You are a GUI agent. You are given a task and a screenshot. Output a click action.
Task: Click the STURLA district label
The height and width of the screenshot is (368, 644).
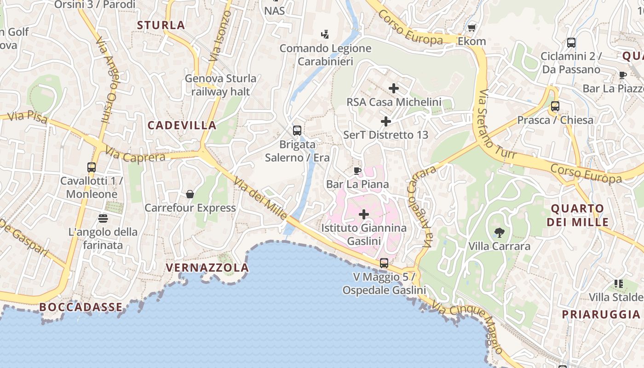click(x=161, y=25)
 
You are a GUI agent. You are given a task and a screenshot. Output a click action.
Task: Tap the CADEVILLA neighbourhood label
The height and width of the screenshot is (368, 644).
click(x=182, y=125)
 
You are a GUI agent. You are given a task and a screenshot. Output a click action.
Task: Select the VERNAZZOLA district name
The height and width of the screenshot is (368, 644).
click(x=207, y=267)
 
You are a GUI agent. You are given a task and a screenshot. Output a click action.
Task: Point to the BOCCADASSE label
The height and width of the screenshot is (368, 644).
click(x=81, y=307)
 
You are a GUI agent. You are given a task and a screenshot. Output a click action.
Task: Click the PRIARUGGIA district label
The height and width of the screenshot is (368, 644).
click(x=601, y=314)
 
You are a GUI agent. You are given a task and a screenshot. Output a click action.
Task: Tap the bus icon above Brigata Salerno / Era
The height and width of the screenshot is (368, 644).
click(x=297, y=130)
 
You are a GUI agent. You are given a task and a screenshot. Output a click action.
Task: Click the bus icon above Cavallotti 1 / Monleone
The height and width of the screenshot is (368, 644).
click(x=92, y=167)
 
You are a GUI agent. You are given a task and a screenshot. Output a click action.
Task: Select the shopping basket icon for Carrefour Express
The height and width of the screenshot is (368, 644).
click(x=190, y=195)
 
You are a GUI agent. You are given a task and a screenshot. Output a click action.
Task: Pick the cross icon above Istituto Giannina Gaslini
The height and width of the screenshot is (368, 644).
click(x=364, y=214)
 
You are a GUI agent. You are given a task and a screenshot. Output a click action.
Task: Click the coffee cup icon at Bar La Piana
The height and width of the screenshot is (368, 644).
click(x=357, y=171)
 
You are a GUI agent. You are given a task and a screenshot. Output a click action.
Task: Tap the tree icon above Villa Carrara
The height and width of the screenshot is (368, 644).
click(x=499, y=232)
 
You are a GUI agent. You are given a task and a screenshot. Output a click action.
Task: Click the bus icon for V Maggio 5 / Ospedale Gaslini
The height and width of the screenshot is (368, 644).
click(x=384, y=263)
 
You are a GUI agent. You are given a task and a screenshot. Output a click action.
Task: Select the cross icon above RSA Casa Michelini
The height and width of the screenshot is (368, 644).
click(x=394, y=88)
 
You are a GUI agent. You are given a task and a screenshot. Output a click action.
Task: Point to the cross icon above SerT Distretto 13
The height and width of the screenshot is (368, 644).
click(x=386, y=121)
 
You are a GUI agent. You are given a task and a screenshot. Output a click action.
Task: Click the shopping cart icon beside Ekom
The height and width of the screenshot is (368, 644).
click(x=471, y=28)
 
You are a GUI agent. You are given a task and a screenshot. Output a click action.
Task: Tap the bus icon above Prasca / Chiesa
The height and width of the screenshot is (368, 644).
click(x=555, y=106)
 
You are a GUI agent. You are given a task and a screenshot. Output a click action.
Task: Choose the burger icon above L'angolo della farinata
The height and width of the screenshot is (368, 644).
click(x=103, y=218)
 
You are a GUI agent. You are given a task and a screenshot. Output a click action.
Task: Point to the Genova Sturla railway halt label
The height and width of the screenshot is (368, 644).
click(x=220, y=85)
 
